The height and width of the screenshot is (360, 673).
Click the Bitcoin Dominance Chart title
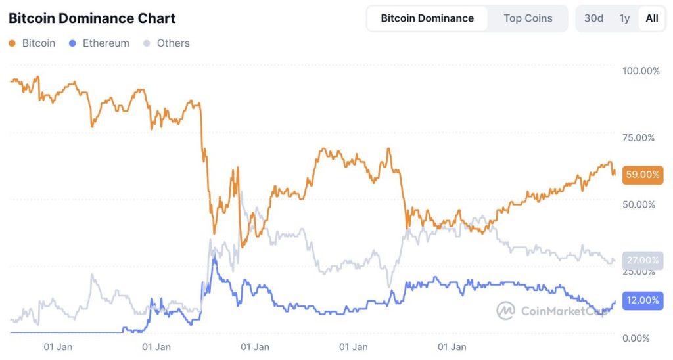[92, 18]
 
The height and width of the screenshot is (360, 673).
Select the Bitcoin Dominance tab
[427, 18]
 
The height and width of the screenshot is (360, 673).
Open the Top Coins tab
[528, 18]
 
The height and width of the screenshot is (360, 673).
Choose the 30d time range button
[593, 18]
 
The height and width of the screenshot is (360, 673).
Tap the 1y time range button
[624, 18]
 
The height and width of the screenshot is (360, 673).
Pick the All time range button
[651, 18]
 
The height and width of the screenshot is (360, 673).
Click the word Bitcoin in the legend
[39, 43]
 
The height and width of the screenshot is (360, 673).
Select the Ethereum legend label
[106, 43]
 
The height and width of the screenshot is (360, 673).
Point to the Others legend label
[174, 43]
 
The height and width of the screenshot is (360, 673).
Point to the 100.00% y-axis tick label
[641, 71]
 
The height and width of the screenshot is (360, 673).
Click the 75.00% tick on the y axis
[641, 138]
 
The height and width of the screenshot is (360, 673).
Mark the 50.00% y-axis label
[641, 204]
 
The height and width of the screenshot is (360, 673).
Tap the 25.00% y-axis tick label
[641, 271]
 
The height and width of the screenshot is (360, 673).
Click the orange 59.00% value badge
[642, 175]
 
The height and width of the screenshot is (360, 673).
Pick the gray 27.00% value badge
[642, 259]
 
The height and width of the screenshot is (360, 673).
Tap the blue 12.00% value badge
[642, 300]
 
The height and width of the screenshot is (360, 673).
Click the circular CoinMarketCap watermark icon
[505, 311]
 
